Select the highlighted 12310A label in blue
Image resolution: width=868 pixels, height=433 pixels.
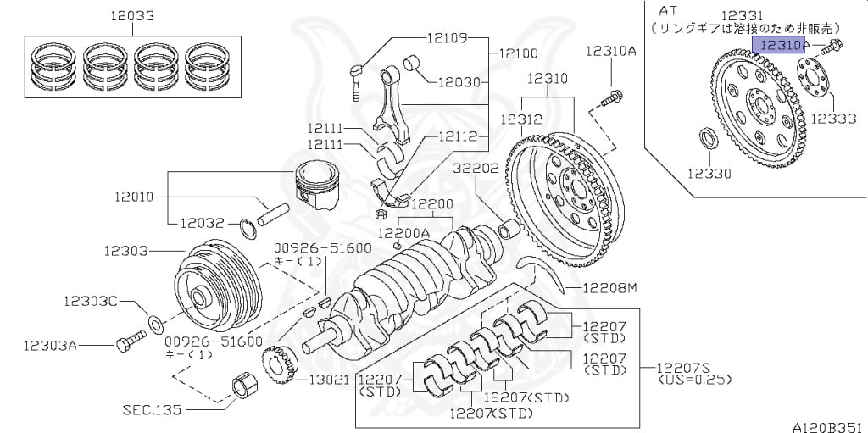(x=783, y=44)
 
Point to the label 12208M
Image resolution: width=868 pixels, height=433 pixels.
(x=608, y=289)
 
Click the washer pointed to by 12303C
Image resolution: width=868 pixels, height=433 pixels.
(x=155, y=323)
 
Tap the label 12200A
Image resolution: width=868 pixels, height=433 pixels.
(x=403, y=232)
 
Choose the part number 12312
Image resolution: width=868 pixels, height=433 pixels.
(x=519, y=119)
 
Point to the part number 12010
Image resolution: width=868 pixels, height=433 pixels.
(x=134, y=197)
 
